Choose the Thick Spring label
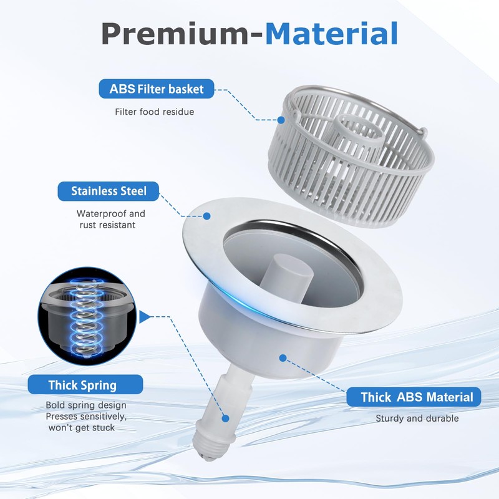(x=82, y=385)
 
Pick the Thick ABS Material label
(x=417, y=397)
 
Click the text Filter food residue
(x=154, y=112)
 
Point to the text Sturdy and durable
(x=417, y=419)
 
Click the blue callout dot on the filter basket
(x=281, y=120)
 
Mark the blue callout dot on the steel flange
(x=207, y=216)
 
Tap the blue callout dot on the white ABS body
(x=283, y=358)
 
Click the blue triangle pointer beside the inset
(x=143, y=317)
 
